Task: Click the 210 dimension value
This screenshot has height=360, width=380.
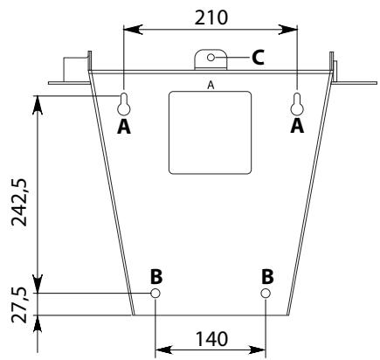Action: click(x=211, y=17)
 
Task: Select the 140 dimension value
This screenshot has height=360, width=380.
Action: click(x=211, y=339)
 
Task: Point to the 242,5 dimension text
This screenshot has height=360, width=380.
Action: click(x=19, y=202)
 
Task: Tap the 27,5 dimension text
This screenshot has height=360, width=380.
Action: click(x=19, y=305)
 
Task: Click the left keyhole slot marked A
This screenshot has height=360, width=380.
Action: click(x=124, y=104)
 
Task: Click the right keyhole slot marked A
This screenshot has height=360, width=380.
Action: click(x=297, y=104)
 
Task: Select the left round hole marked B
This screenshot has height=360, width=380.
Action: click(x=155, y=293)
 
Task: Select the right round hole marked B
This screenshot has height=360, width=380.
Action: click(x=266, y=293)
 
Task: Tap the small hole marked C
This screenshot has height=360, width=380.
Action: click(x=211, y=58)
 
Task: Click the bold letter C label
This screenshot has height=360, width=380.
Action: click(x=258, y=57)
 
